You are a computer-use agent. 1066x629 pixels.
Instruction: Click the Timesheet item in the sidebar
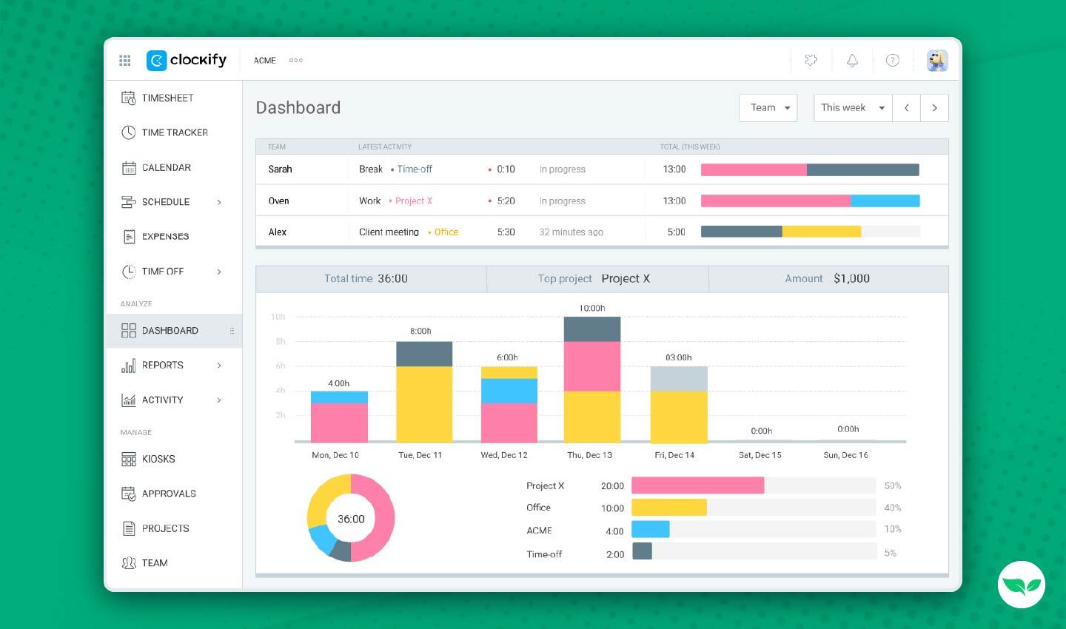167,98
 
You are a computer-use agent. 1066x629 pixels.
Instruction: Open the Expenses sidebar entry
164,237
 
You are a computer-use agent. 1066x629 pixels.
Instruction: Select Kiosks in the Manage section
158,459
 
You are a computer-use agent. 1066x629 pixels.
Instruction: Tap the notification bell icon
852,61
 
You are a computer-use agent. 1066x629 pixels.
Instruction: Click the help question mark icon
893,61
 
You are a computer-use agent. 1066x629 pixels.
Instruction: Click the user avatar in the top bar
937,61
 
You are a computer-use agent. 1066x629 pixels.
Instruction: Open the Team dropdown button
768,108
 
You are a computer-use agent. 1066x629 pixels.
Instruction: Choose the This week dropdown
853,108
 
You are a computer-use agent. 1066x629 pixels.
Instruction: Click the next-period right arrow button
934,108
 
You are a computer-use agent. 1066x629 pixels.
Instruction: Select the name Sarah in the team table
280,169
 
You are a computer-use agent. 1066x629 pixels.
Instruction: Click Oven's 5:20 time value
506,201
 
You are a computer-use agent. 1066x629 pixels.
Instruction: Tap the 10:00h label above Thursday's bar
591,308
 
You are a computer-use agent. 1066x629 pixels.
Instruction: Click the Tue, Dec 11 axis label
420,455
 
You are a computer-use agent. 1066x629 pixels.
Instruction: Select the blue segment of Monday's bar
339,397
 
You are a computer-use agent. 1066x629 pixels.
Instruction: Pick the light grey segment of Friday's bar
679,379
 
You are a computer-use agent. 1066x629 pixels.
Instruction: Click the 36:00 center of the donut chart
351,519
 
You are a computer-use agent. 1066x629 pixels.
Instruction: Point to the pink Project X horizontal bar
697,485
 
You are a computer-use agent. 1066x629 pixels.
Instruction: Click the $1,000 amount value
851,279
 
